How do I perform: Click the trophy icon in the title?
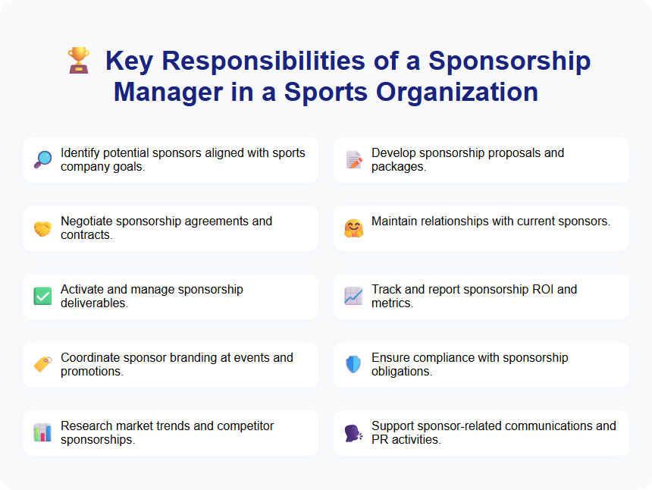click(x=79, y=61)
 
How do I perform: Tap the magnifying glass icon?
click(x=42, y=160)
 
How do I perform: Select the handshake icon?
click(x=42, y=228)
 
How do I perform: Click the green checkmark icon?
click(x=42, y=297)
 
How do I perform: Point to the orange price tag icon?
click(x=42, y=365)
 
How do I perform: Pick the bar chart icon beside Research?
click(x=42, y=433)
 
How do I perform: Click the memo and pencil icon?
click(x=353, y=160)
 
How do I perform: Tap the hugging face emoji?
click(x=353, y=228)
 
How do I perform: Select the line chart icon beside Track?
click(x=353, y=297)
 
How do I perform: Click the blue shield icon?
click(x=353, y=365)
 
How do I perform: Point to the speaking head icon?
click(x=353, y=433)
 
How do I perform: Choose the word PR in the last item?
click(x=380, y=440)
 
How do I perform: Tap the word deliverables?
click(x=94, y=303)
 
